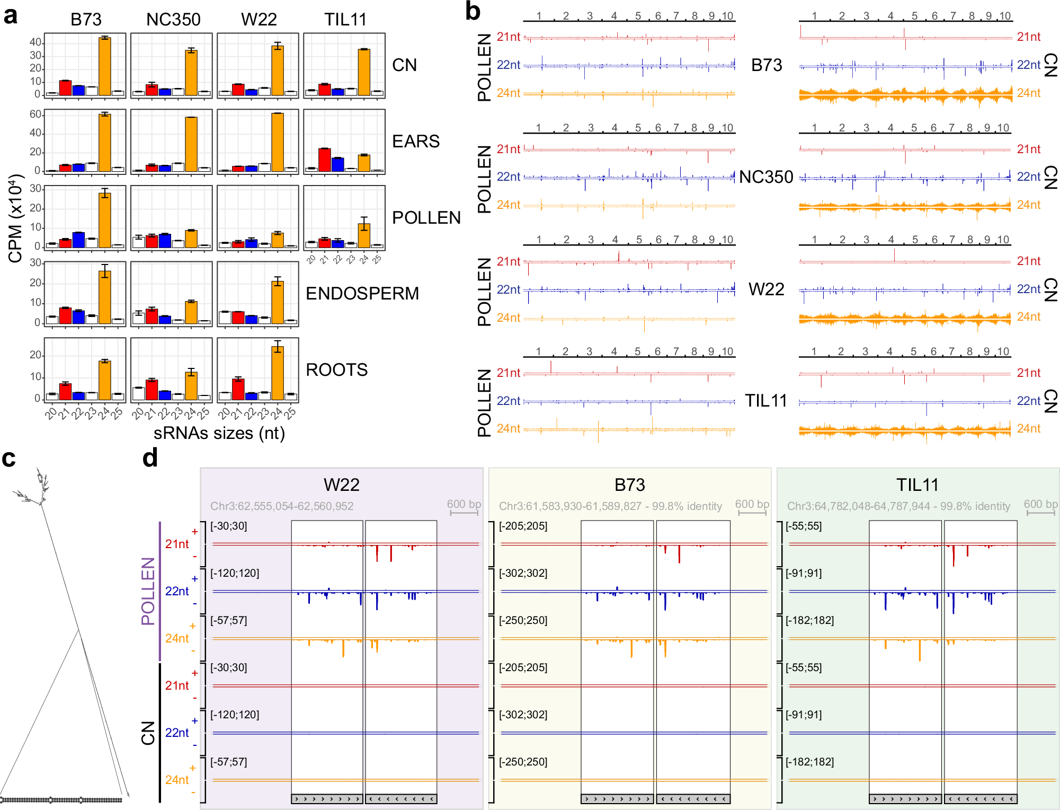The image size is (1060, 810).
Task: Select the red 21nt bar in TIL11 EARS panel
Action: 325,160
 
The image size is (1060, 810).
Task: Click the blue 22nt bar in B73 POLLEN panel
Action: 78,240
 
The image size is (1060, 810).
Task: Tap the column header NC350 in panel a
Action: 173,20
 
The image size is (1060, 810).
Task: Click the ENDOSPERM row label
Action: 362,293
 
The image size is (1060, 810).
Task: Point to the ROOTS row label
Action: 337,369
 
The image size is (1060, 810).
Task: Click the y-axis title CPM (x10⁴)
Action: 16,218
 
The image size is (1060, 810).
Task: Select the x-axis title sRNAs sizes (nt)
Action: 219,433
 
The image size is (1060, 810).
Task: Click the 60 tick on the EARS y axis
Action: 35,115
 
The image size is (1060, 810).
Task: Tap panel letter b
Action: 473,12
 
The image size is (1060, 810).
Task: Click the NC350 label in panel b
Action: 766,177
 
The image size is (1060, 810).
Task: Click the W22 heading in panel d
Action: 342,485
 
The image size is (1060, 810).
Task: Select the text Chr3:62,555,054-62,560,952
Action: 282,506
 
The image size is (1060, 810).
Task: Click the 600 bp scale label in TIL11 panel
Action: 1040,504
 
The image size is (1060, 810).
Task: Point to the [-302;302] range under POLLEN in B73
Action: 523,573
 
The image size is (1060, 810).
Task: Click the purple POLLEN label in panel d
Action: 148,591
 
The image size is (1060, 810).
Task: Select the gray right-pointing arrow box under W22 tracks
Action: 327,799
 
